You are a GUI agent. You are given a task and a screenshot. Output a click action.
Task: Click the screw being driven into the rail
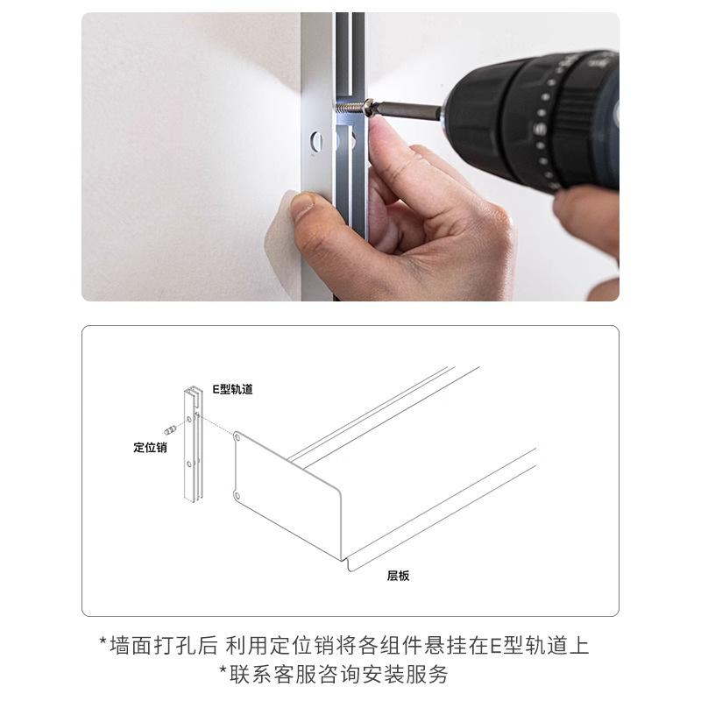tap(350, 109)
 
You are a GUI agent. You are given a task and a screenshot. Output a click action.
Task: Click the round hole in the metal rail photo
tap(317, 140)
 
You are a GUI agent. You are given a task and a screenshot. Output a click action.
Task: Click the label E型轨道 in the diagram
tap(233, 389)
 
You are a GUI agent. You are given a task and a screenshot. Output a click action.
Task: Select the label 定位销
tap(150, 447)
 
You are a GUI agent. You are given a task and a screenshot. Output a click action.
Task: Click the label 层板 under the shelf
tap(399, 576)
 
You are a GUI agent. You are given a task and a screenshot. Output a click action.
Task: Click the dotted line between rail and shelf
tap(219, 429)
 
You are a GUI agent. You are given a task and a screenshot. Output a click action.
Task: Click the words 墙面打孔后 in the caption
tap(161, 647)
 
